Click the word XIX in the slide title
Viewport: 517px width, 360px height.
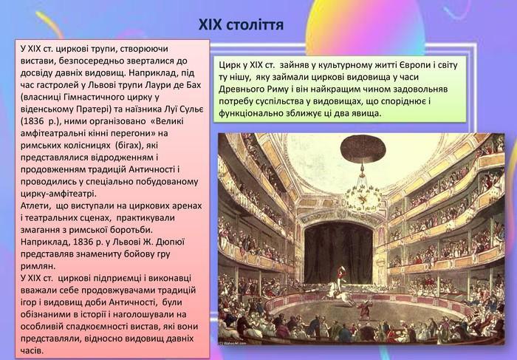click(210, 24)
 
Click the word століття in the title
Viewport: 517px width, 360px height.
click(256, 24)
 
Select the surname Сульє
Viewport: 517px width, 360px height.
click(191, 109)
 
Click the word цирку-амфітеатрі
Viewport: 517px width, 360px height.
click(58, 194)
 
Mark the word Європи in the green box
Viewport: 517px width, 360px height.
click(413, 65)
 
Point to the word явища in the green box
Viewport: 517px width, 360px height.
click(367, 114)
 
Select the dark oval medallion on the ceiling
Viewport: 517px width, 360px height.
click(363, 149)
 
